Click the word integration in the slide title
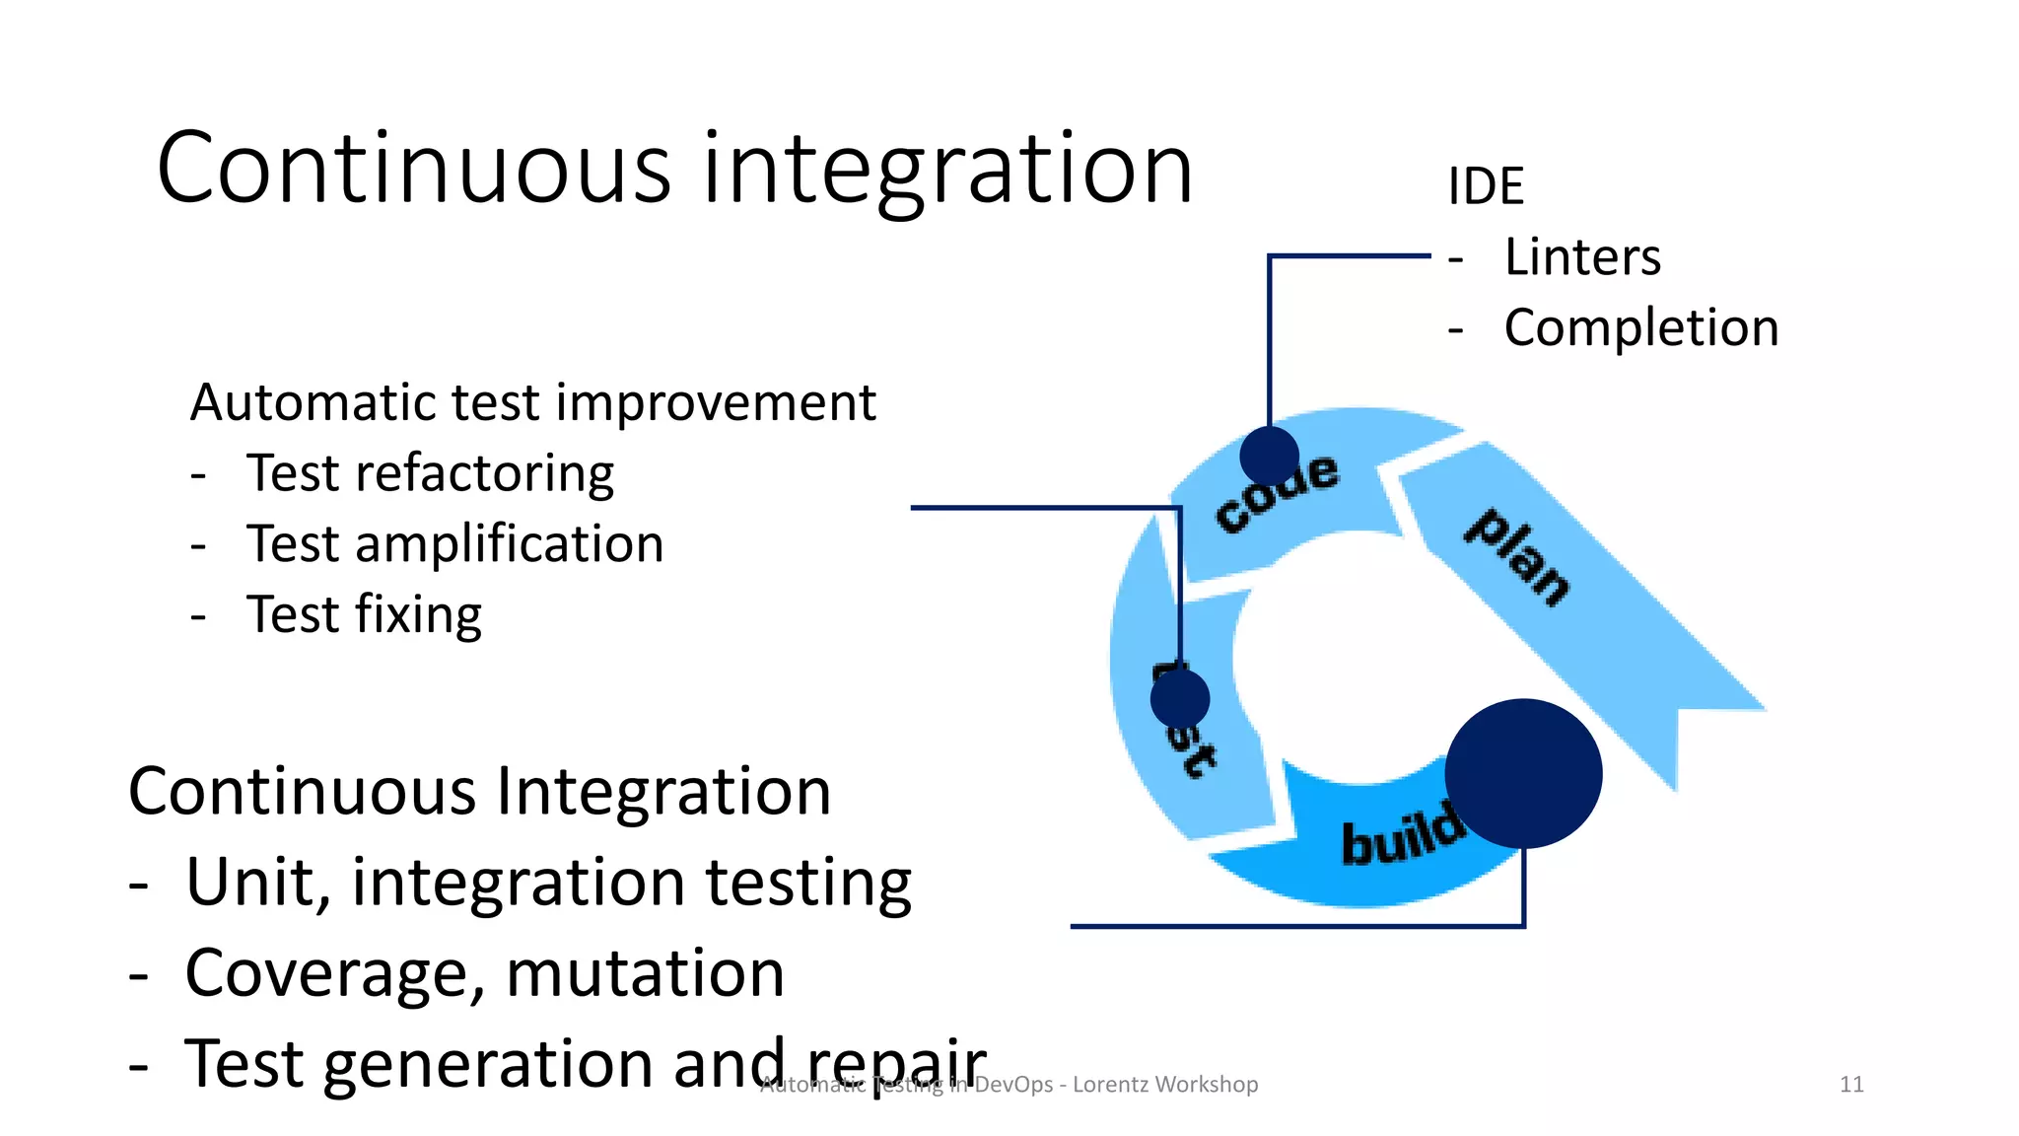click(x=946, y=170)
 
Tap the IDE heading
click(x=1486, y=185)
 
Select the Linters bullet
click(x=1581, y=257)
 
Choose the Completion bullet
click(x=1640, y=327)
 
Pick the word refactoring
click(x=484, y=474)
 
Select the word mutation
click(x=645, y=972)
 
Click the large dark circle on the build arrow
click(x=1523, y=773)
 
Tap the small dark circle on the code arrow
click(x=1269, y=455)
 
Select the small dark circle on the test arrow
click(x=1179, y=698)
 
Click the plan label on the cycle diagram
click(x=1517, y=557)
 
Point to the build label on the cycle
click(x=1401, y=834)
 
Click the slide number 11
click(x=1851, y=1085)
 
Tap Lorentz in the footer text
click(x=1111, y=1085)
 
